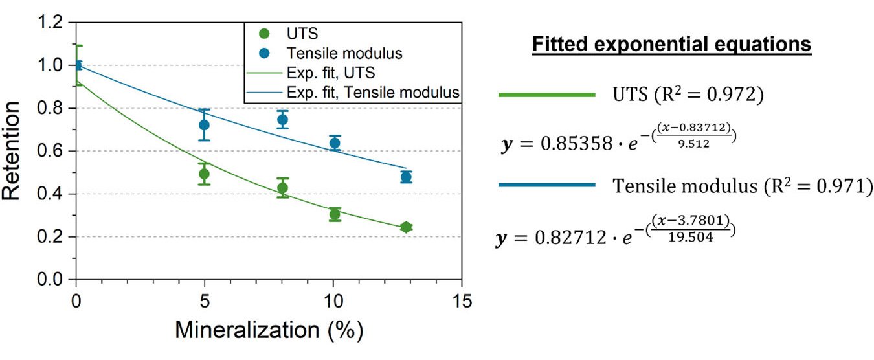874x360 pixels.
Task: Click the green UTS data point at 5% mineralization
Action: tap(205, 174)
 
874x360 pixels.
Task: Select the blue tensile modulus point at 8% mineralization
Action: tap(282, 119)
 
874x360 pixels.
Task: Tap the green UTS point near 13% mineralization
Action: tap(406, 227)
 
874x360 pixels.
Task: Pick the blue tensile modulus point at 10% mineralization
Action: tap(335, 143)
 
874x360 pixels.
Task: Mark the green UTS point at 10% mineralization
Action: tap(335, 214)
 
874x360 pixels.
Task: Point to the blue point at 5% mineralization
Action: tap(205, 124)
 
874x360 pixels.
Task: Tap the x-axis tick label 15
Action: tap(461, 302)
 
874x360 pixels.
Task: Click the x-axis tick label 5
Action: tap(205, 302)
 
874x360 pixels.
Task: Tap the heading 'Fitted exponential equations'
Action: tap(671, 45)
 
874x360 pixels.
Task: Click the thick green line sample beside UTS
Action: tap(546, 95)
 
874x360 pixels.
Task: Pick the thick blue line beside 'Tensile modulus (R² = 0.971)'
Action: tap(546, 186)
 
